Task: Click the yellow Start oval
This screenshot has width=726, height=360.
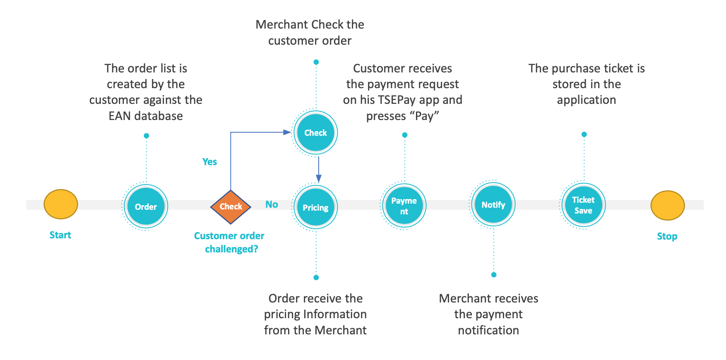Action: tap(61, 204)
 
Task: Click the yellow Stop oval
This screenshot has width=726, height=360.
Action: tap(667, 205)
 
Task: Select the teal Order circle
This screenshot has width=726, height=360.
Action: tap(146, 206)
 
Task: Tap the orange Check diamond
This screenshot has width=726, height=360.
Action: tap(231, 206)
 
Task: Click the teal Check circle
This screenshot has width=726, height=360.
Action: tap(315, 133)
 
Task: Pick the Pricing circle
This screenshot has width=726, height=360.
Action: tap(315, 207)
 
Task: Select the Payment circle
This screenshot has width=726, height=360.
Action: tap(404, 206)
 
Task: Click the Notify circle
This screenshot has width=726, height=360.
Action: tap(493, 204)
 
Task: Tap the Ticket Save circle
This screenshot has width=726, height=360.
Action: tap(583, 205)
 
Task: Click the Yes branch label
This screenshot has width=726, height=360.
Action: tap(209, 162)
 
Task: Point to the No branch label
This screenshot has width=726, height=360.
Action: tap(272, 204)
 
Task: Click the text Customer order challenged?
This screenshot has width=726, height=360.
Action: tap(229, 242)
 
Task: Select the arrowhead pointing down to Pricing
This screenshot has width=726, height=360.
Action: tap(318, 178)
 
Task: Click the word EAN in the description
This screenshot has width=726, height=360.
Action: tap(120, 116)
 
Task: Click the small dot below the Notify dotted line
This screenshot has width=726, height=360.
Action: tap(493, 275)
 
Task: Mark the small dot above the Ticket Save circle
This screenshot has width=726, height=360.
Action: tap(584, 134)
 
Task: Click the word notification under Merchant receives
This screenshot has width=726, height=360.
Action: tap(488, 330)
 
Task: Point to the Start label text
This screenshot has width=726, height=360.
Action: tap(60, 235)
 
